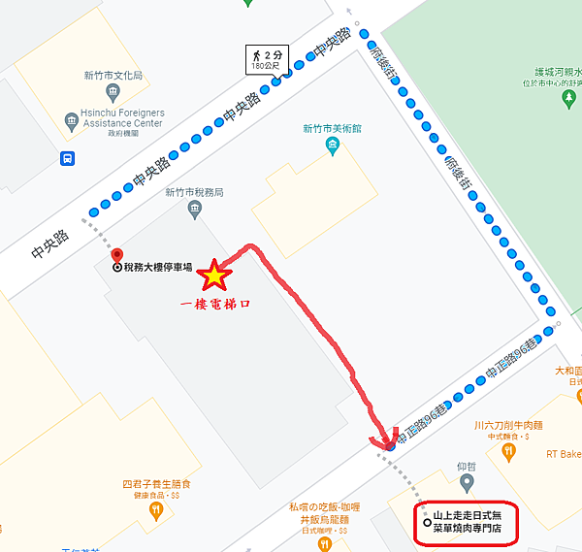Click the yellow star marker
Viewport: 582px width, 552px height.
pyautogui.click(x=213, y=276)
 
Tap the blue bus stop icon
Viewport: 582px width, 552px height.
pyautogui.click(x=67, y=159)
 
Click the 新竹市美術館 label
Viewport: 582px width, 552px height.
pyautogui.click(x=332, y=128)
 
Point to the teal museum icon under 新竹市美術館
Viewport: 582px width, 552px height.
pyautogui.click(x=333, y=146)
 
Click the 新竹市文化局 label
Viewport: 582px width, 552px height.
pyautogui.click(x=112, y=76)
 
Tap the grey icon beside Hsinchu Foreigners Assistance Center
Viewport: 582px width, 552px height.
pyautogui.click(x=71, y=120)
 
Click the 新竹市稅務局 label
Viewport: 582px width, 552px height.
pyautogui.click(x=194, y=192)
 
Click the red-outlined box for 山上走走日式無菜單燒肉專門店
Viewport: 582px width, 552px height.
pyautogui.click(x=467, y=525)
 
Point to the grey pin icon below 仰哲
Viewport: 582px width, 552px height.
pyautogui.click(x=468, y=483)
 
